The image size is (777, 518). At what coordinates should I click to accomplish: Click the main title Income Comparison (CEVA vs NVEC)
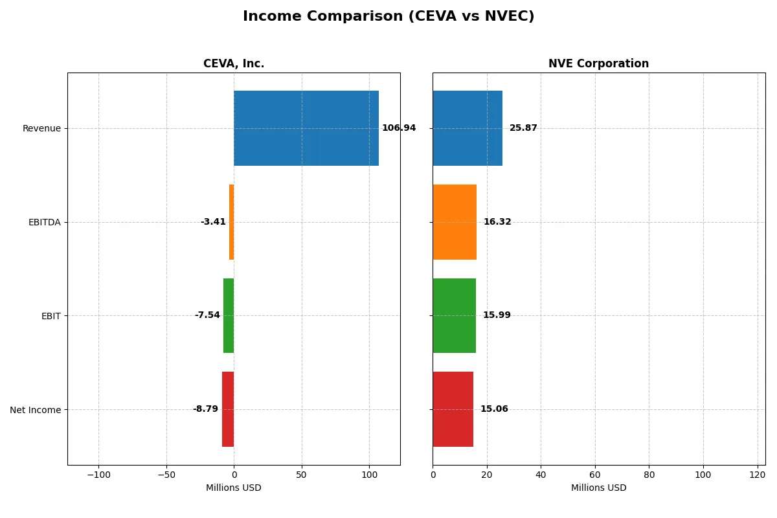pyautogui.click(x=388, y=16)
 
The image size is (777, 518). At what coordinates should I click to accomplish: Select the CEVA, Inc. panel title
pyautogui.click(x=234, y=63)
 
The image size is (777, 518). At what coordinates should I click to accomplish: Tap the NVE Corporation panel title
pyautogui.click(x=598, y=63)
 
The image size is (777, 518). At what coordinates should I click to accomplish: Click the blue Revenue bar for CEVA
pyautogui.click(x=306, y=128)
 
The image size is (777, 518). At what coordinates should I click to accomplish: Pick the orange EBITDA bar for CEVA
pyautogui.click(x=231, y=222)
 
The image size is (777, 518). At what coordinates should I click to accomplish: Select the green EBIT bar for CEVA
pyautogui.click(x=229, y=315)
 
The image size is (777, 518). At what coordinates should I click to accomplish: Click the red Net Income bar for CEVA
pyautogui.click(x=228, y=409)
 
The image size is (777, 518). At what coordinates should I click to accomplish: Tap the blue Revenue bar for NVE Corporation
pyautogui.click(x=467, y=128)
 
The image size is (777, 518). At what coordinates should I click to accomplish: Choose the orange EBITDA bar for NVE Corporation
pyautogui.click(x=455, y=222)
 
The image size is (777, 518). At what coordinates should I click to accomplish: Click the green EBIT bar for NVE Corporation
pyautogui.click(x=454, y=315)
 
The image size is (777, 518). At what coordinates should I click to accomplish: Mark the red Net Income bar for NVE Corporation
pyautogui.click(x=453, y=409)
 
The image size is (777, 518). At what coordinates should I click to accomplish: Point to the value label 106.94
pyautogui.click(x=399, y=128)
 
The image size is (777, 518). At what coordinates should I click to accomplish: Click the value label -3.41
pyautogui.click(x=213, y=222)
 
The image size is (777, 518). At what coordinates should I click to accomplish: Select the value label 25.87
pyautogui.click(x=523, y=128)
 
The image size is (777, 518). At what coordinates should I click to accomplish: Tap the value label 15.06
pyautogui.click(x=494, y=409)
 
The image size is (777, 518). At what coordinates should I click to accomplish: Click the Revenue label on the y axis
pyautogui.click(x=41, y=128)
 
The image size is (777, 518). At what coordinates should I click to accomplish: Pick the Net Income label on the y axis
pyautogui.click(x=36, y=410)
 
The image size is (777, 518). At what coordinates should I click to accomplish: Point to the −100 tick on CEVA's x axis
pyautogui.click(x=98, y=475)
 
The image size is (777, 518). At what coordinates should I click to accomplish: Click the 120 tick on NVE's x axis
pyautogui.click(x=757, y=475)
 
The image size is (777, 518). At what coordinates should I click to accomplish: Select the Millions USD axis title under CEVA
pyautogui.click(x=234, y=488)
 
